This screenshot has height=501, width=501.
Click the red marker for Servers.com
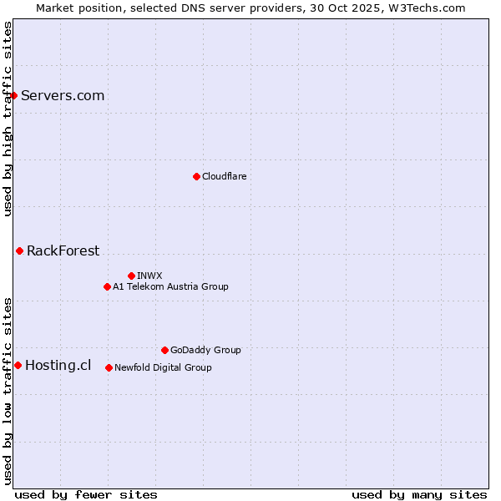13,95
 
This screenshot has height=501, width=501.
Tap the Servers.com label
63,95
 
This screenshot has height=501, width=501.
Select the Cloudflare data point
196,176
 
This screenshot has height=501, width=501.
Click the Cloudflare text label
224,176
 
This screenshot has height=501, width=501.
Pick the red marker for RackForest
19,250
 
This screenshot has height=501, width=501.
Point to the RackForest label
63,250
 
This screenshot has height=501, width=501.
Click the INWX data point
131,276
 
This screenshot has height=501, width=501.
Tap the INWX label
149,276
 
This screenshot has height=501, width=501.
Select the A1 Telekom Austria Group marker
107,286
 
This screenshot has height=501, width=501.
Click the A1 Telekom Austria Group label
170,286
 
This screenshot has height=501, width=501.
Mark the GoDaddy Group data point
164,350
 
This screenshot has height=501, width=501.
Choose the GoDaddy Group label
205,350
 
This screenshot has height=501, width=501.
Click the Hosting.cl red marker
18,365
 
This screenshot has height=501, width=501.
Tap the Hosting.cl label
58,365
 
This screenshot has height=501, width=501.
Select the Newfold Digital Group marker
109,367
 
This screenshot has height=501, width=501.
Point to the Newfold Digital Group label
163,367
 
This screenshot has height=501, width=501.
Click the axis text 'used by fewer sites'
86,494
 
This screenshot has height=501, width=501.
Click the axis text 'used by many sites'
419,494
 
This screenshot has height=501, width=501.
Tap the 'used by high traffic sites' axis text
8,119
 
